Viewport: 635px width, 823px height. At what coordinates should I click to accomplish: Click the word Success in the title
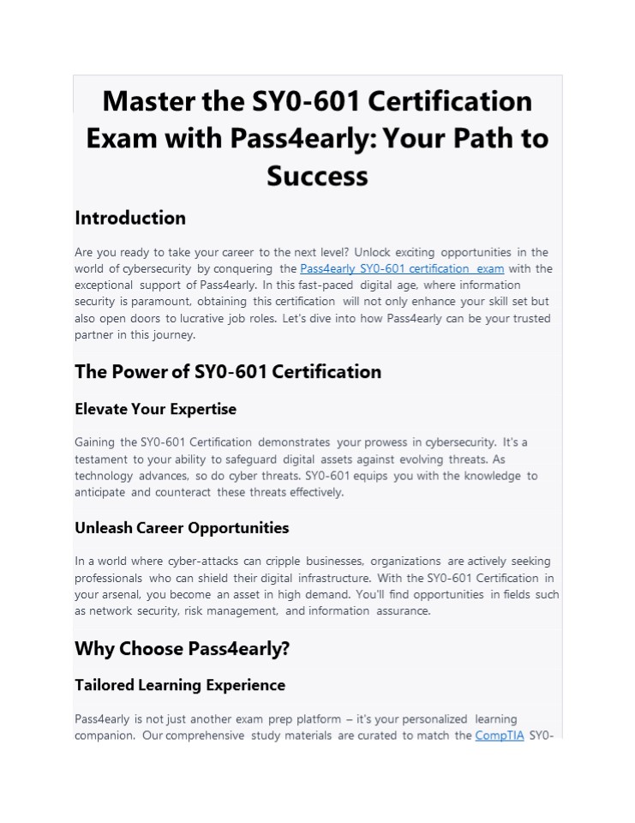click(x=317, y=176)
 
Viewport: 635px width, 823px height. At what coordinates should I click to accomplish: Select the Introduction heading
click(x=130, y=218)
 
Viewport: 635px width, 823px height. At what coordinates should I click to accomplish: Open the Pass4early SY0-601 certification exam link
click(x=402, y=268)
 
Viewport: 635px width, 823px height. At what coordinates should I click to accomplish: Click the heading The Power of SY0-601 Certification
click(x=228, y=371)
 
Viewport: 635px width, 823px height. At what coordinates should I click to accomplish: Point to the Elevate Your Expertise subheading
click(x=155, y=409)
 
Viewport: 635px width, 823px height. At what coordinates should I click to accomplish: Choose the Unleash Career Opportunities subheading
click(x=182, y=527)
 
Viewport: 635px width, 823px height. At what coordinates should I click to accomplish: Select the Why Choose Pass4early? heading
click(x=183, y=648)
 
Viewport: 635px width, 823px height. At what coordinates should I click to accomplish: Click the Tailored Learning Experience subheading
click(x=180, y=685)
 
